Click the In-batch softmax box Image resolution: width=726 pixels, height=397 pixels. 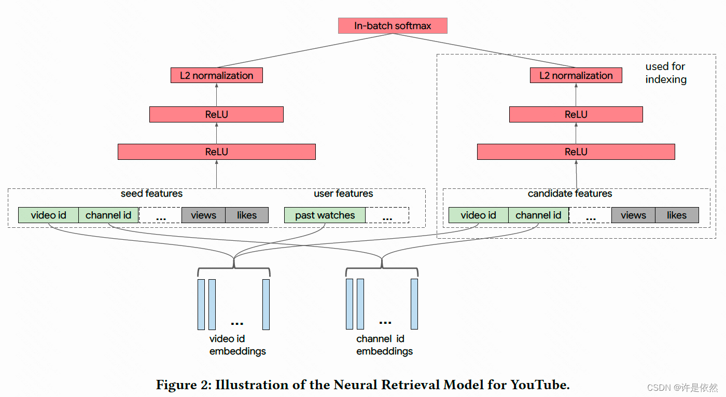[393, 26]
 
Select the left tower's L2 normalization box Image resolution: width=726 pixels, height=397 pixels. [217, 75]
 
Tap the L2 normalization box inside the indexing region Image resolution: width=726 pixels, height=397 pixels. [576, 75]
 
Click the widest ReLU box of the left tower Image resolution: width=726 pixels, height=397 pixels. [216, 152]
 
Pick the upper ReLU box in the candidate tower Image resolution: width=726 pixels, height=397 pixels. [576, 114]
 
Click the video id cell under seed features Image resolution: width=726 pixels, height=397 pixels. [48, 215]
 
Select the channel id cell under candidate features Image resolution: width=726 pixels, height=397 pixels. [538, 215]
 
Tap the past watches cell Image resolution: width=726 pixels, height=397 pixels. [325, 215]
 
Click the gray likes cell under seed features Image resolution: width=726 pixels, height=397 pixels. [247, 215]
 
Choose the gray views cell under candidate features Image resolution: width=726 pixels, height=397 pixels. [633, 215]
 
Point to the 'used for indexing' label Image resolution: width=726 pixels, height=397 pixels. [666, 73]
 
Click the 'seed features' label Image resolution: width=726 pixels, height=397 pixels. [151, 194]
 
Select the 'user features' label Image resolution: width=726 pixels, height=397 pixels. [343, 194]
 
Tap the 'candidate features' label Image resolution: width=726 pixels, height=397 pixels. [570, 194]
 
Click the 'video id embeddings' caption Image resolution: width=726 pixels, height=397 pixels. [238, 345]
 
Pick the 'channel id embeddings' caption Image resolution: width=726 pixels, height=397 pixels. [384, 345]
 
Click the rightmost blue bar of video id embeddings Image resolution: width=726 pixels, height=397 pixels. [266, 305]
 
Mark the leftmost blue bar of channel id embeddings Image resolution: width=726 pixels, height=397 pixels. [350, 304]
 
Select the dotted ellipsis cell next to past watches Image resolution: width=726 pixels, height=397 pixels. [387, 215]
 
